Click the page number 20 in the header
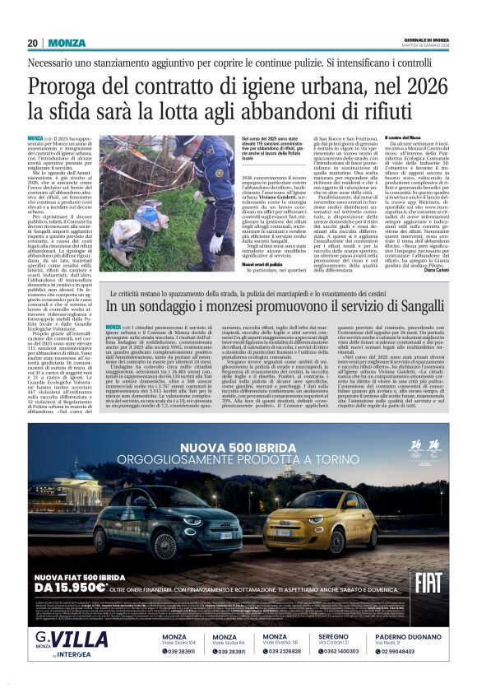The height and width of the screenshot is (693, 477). click(x=33, y=43)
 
